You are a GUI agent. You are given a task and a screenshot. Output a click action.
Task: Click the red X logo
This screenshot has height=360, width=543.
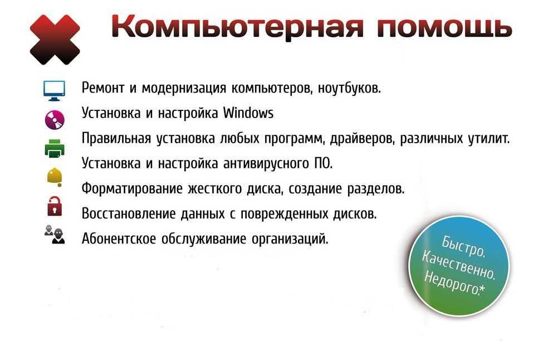pyautogui.click(x=55, y=40)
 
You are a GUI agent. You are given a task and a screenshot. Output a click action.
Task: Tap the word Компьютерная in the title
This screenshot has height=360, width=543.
pyautogui.click(x=238, y=27)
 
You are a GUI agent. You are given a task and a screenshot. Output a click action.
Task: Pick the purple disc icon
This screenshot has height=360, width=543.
pyautogui.click(x=55, y=120)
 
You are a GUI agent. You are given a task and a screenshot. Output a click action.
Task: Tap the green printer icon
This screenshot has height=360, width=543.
pyautogui.click(x=55, y=149)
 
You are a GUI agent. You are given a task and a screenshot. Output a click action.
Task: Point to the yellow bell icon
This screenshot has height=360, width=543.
pyautogui.click(x=55, y=177)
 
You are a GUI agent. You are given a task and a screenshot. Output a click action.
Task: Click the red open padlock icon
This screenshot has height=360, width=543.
pyautogui.click(x=55, y=206)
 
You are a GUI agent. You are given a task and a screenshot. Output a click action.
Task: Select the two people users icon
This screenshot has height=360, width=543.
pyautogui.click(x=55, y=234)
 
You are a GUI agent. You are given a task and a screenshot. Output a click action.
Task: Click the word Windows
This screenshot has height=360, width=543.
pyautogui.click(x=248, y=113)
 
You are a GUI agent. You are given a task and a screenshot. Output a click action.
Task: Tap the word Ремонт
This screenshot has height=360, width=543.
pyautogui.click(x=103, y=88)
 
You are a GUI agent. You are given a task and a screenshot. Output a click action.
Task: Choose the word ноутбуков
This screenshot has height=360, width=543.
pyautogui.click(x=349, y=88)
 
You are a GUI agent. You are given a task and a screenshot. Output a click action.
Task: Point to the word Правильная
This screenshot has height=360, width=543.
pyautogui.click(x=116, y=139)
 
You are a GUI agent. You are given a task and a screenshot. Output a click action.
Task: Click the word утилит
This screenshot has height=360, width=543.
pyautogui.click(x=489, y=139)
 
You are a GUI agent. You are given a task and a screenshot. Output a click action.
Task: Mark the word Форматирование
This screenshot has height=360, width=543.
pyautogui.click(x=132, y=189)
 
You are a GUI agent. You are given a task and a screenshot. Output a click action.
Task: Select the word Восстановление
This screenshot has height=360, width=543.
pyautogui.click(x=129, y=214)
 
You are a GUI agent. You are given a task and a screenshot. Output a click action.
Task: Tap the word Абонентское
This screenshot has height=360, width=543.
pyautogui.click(x=119, y=239)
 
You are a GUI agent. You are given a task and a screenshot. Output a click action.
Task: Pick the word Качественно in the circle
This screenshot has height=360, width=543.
pyautogui.click(x=459, y=265)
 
